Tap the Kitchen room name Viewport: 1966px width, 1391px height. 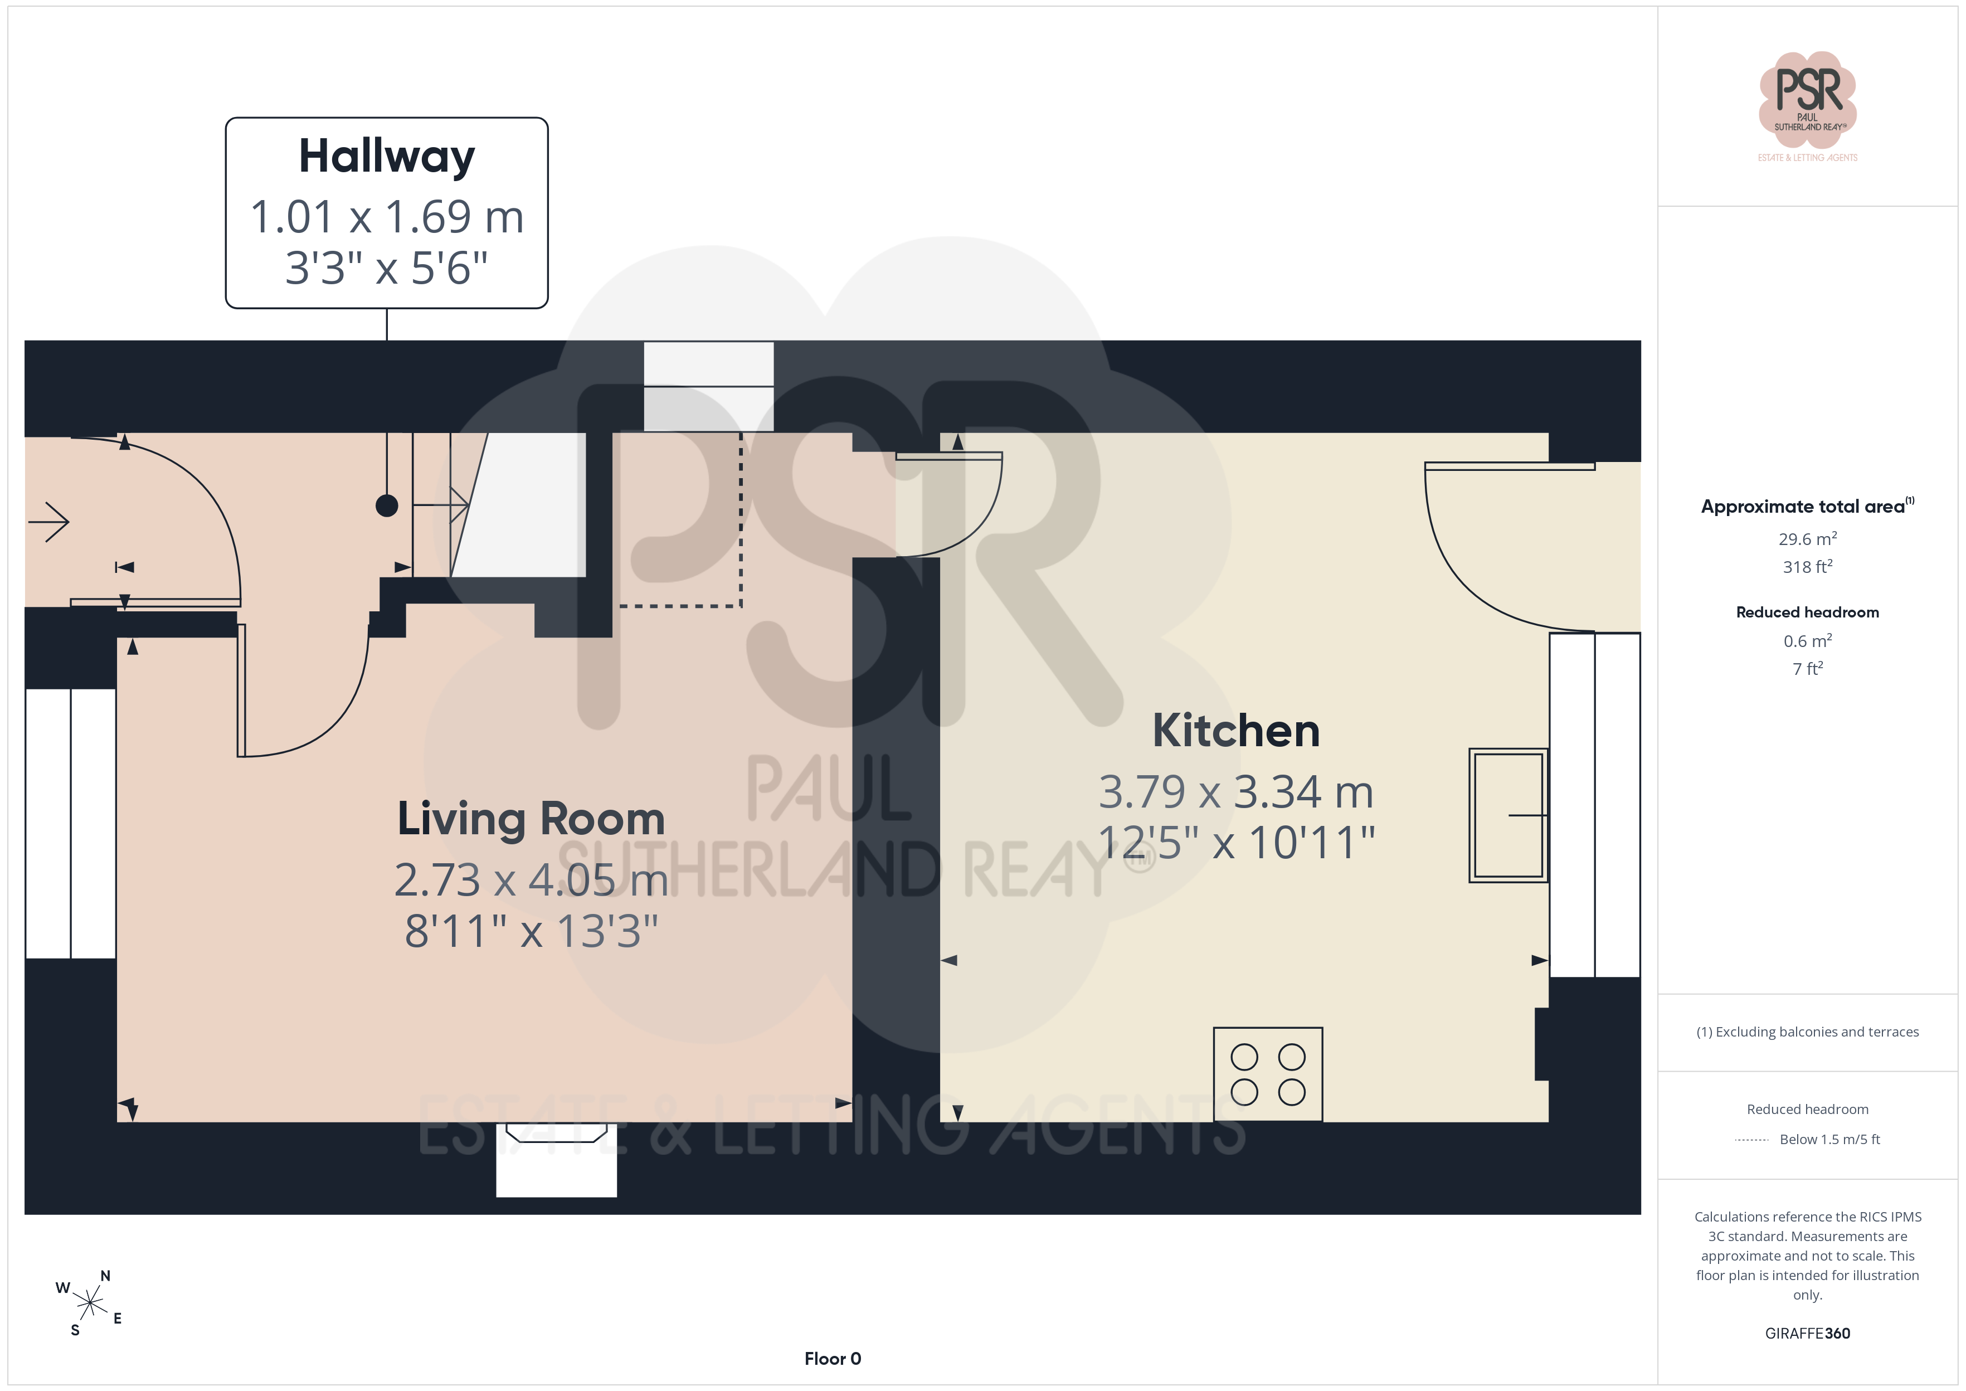(1235, 731)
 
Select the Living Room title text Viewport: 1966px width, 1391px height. (531, 819)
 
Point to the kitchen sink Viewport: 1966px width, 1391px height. (1508, 815)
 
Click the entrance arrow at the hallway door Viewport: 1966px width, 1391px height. (49, 522)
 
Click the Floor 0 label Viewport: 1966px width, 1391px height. (833, 1359)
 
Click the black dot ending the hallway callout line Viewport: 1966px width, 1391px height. (387, 506)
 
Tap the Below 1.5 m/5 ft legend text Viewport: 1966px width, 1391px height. (1830, 1139)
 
